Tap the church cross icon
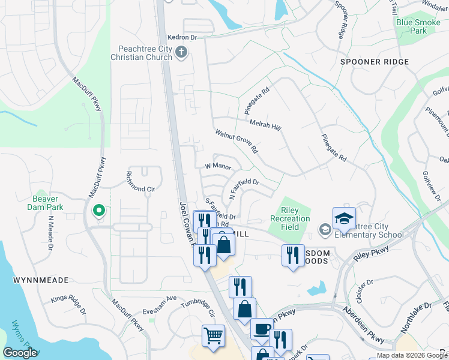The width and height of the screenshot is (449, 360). pyautogui.click(x=181, y=54)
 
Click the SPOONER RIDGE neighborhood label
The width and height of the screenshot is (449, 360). pyautogui.click(x=374, y=62)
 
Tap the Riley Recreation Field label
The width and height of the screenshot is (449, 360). pyautogui.click(x=295, y=218)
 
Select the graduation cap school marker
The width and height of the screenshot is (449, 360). pyautogui.click(x=344, y=220)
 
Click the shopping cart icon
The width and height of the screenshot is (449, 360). pyautogui.click(x=213, y=335)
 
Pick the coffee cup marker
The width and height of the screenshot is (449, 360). pyautogui.click(x=262, y=329)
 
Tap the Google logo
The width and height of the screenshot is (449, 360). pyautogui.click(x=20, y=353)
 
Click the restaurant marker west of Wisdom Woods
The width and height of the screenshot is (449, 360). pyautogui.click(x=292, y=254)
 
